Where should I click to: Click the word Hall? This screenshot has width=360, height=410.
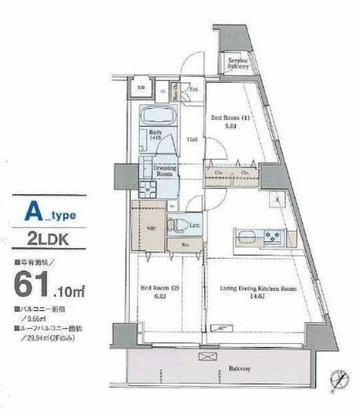191,140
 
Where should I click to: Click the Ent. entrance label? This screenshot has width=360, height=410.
193,89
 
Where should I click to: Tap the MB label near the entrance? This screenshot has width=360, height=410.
141,88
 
